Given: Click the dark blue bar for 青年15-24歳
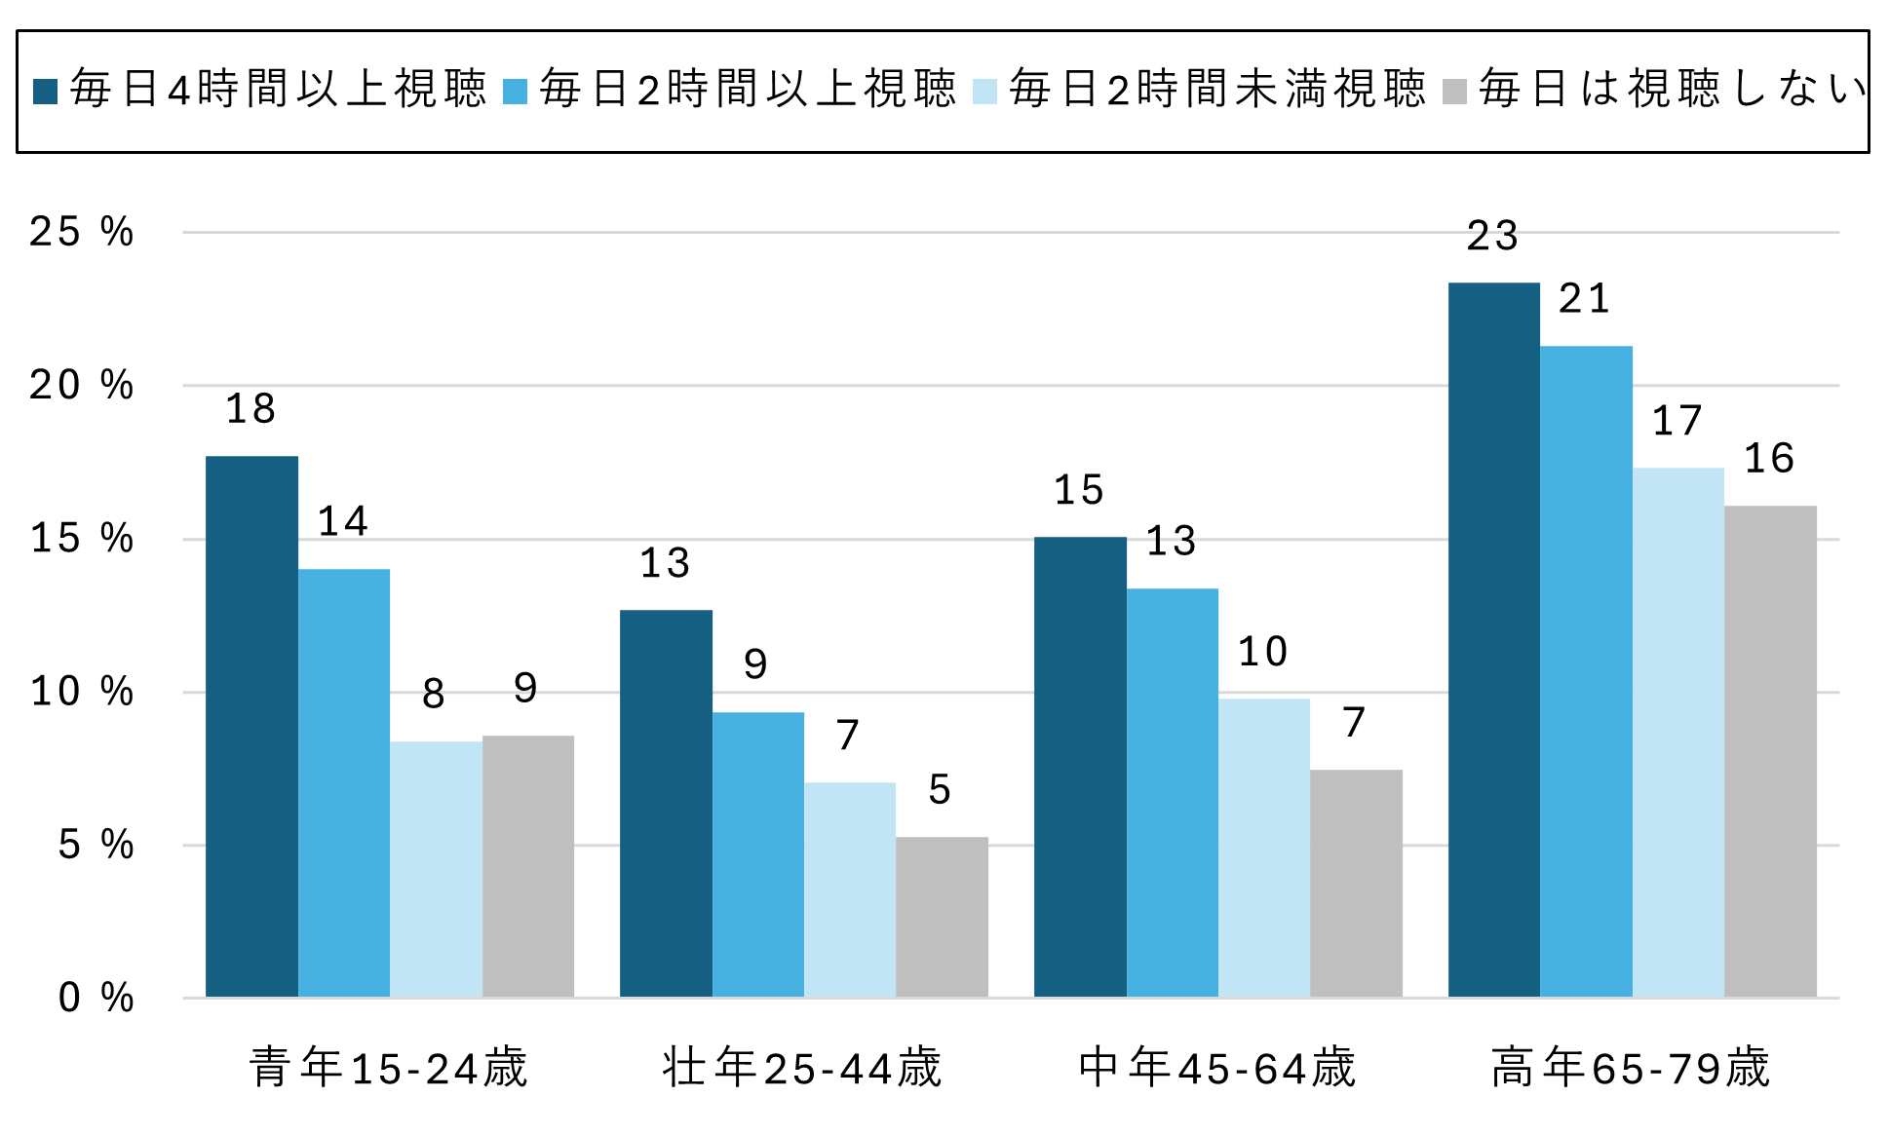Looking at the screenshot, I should pos(251,726).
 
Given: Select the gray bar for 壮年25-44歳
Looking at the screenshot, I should pos(942,916).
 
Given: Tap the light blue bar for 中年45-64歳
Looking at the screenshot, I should pos(1263,848).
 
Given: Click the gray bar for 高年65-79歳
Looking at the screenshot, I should pos(1770,750).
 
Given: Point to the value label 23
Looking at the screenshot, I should pos(1492,236).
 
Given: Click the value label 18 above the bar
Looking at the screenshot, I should pos(251,409).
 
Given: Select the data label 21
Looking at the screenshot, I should pos(1584,299).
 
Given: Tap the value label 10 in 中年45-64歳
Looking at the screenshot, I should pos(1262,652).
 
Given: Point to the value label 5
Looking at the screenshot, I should pos(940,790).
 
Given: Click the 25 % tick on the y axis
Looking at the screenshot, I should pos(82,232).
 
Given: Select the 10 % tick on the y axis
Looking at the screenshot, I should pos(82,692).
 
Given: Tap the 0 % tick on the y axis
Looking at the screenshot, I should pos(96,998).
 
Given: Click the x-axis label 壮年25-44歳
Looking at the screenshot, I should pos(802,1068).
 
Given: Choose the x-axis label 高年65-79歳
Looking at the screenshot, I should pos(1630,1068).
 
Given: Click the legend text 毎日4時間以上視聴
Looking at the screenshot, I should pos(278,90).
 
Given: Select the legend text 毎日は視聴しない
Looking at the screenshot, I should pos(1672,90).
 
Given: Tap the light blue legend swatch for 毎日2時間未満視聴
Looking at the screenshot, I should pos(985,92).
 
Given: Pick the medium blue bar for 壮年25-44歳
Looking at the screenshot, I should pos(757,853).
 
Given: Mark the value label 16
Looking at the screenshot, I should pos(1768,459).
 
